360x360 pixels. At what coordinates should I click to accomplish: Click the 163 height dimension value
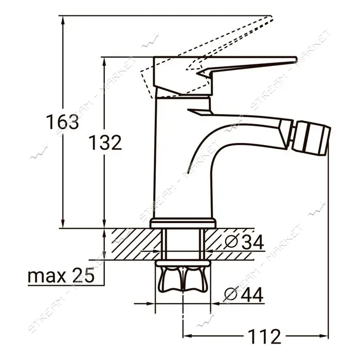[x=62, y=122]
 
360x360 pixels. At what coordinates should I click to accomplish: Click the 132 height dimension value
[x=105, y=142]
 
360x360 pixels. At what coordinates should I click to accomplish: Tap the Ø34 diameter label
[x=244, y=242]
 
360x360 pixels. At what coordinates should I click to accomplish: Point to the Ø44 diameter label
[x=243, y=295]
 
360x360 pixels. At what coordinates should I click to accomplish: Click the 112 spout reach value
[x=264, y=336]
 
